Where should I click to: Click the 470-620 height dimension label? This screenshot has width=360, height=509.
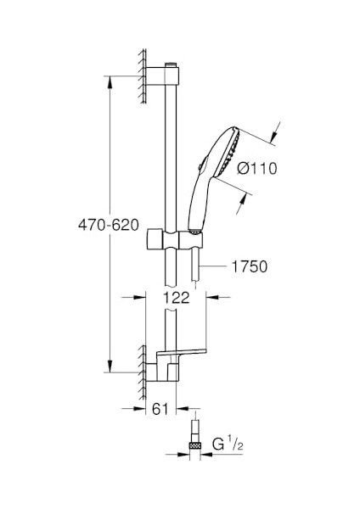(109, 225)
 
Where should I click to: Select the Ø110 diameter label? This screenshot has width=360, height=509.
(257, 169)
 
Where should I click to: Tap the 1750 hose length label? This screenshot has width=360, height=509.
(250, 266)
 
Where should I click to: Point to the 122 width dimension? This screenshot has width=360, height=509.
(176, 298)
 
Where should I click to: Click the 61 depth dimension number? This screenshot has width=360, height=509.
(160, 409)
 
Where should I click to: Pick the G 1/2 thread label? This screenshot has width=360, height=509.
(228, 445)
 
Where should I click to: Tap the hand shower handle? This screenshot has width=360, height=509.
(198, 202)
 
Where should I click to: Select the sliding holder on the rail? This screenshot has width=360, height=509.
(175, 240)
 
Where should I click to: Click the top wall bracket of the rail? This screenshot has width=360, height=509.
(162, 76)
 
